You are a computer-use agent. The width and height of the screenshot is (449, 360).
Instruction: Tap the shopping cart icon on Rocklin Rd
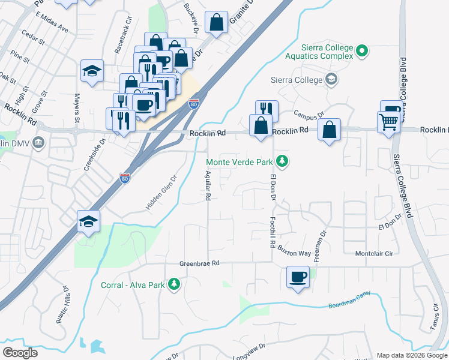click(389, 122)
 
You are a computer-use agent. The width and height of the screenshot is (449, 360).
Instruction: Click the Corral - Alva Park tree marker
click(174, 284)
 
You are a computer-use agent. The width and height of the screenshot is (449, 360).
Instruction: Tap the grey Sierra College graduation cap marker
click(331, 79)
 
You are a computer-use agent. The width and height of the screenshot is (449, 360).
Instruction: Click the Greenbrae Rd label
click(200, 263)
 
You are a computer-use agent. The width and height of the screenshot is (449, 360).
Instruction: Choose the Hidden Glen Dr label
click(161, 192)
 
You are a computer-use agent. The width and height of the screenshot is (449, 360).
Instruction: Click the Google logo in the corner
click(20, 352)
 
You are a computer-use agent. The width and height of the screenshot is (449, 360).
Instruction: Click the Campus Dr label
click(309, 113)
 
